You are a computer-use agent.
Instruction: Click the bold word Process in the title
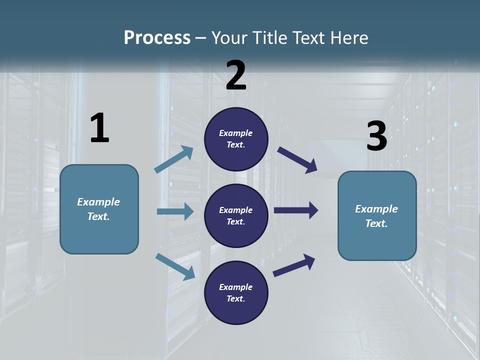click(x=157, y=37)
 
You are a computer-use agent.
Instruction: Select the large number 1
click(x=99, y=128)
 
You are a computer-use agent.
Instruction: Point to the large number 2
click(x=236, y=75)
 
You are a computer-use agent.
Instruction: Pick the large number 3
click(x=376, y=136)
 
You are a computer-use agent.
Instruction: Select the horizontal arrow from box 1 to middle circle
click(x=175, y=211)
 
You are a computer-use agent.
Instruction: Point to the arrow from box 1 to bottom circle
click(x=175, y=266)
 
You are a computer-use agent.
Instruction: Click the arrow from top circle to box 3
click(x=297, y=159)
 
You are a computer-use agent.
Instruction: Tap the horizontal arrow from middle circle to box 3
click(x=296, y=210)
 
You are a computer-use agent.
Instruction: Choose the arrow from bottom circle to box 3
click(x=294, y=265)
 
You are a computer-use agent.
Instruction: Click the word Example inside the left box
click(x=98, y=202)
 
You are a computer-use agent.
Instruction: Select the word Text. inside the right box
click(x=376, y=223)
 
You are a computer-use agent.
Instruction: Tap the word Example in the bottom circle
click(x=236, y=287)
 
